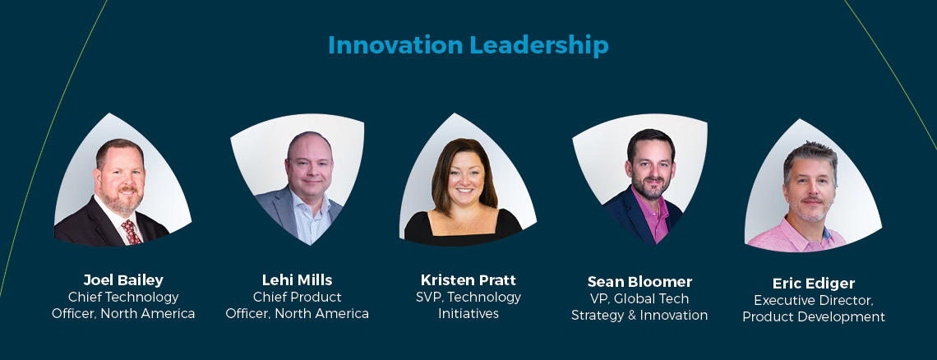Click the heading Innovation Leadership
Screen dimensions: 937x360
coord(468,45)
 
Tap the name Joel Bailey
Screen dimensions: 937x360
coord(123,280)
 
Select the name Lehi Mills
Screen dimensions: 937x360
coord(297,280)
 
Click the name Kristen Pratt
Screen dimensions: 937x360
coord(468,280)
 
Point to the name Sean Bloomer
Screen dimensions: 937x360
coord(639,282)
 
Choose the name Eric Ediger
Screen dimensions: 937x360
coord(814,284)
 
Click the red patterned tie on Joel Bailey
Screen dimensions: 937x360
coord(131,233)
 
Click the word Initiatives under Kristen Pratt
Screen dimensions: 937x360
coord(468,313)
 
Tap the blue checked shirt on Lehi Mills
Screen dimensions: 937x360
coord(310,224)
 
